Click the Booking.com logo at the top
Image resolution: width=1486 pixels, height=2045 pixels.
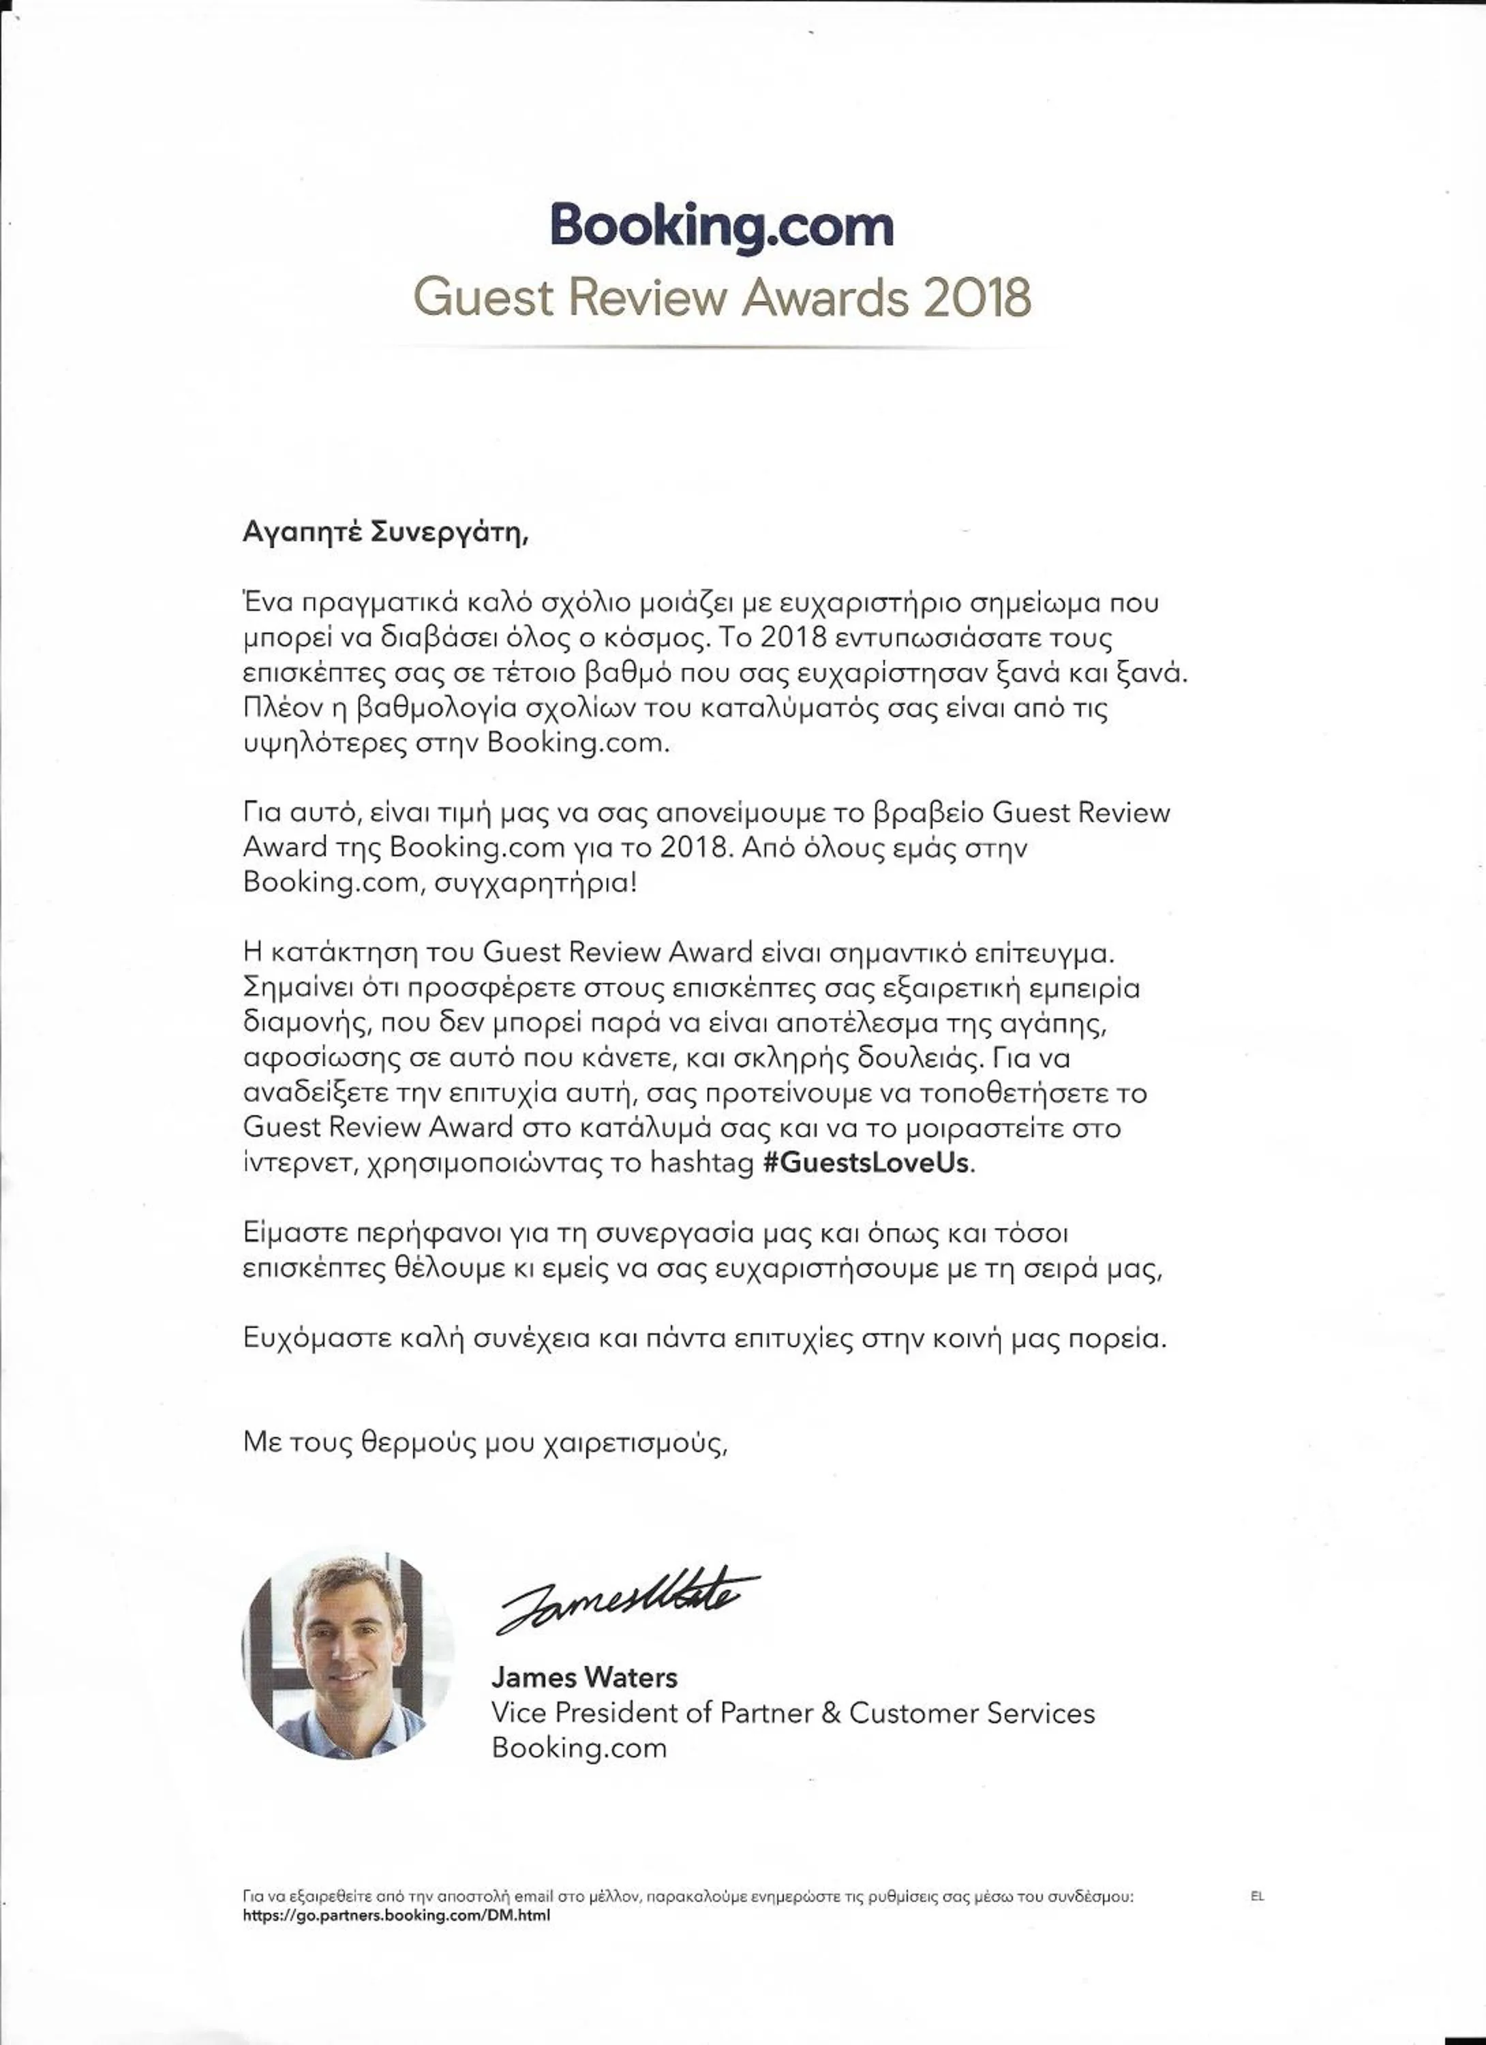(x=721, y=226)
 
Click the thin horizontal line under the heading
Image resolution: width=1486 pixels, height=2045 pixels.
(x=721, y=347)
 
